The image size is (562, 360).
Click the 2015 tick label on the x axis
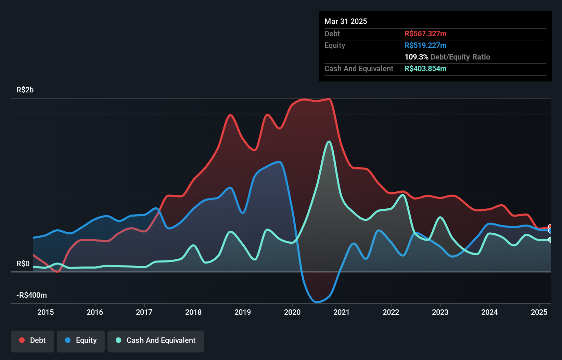[46, 312]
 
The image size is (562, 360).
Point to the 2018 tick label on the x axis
[193, 312]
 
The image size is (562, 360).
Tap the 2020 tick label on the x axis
[292, 312]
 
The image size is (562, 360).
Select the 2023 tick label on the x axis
[440, 312]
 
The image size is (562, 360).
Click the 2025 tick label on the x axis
[539, 312]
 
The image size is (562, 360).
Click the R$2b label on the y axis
[25, 90]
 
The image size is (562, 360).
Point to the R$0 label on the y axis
[23, 264]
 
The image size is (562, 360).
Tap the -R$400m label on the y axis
[31, 295]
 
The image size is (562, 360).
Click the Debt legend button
[33, 340]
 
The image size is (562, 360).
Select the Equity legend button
[81, 340]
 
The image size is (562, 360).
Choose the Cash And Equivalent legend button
[156, 340]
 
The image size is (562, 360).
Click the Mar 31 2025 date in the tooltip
[346, 22]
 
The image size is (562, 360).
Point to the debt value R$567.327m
[425, 34]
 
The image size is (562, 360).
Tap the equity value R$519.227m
[425, 46]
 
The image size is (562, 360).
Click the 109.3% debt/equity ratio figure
[416, 57]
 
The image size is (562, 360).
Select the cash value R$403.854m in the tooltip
[425, 69]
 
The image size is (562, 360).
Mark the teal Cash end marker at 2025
[550, 240]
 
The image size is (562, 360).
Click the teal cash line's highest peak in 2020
[329, 141]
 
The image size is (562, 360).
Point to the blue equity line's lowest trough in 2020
[317, 302]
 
